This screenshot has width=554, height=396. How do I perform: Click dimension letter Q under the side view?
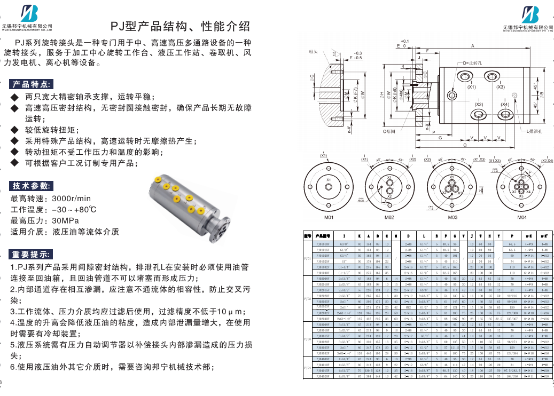[x=465, y=145]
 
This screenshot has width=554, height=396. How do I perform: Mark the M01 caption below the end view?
[x=329, y=218]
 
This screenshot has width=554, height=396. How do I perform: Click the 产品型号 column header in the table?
[x=323, y=235]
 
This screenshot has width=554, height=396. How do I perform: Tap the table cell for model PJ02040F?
[x=323, y=319]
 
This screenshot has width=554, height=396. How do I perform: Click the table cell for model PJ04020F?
[x=323, y=376]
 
